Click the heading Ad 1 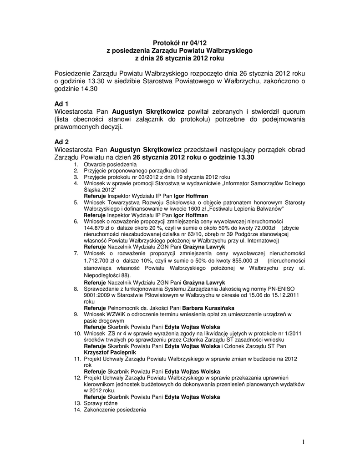[x=61, y=104]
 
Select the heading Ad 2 [x=61, y=142]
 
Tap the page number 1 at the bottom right [x=302, y=441]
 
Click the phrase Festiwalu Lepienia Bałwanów [x=246, y=208]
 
